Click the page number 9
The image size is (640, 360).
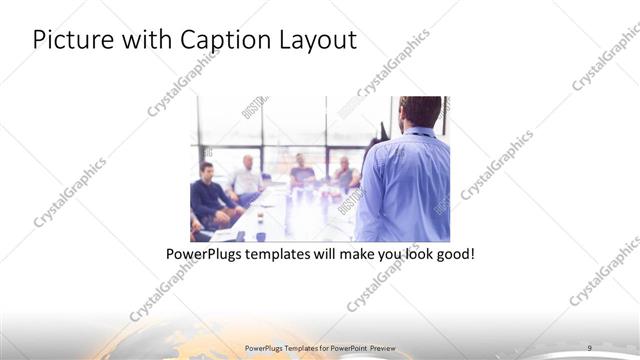589,347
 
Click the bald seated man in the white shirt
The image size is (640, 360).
246,176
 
